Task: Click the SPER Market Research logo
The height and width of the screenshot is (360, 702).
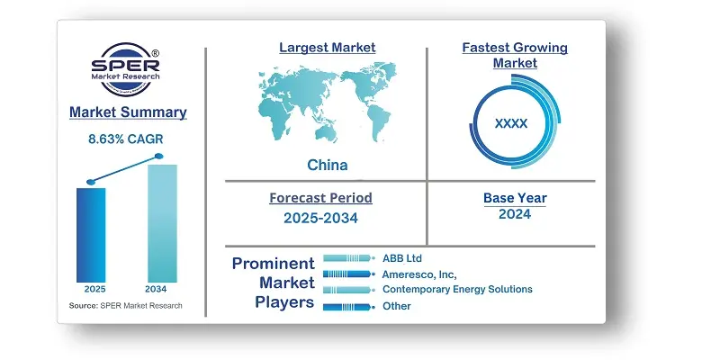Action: pyautogui.click(x=125, y=68)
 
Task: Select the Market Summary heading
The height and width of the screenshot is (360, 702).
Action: pyautogui.click(x=128, y=112)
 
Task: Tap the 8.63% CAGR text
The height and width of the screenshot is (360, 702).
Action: pyautogui.click(x=126, y=139)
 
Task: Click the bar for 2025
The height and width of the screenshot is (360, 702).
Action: pyautogui.click(x=91, y=235)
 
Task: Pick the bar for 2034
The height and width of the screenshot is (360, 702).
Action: pyautogui.click(x=162, y=223)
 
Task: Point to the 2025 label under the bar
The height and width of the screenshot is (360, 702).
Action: pyautogui.click(x=94, y=289)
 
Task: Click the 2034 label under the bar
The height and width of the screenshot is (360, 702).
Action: pyautogui.click(x=156, y=289)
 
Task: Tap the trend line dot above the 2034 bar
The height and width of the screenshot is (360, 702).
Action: pyautogui.click(x=159, y=157)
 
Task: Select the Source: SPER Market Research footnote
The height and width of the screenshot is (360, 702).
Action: pyautogui.click(x=125, y=306)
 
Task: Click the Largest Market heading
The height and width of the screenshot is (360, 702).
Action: pyautogui.click(x=328, y=48)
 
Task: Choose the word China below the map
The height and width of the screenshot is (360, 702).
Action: pyautogui.click(x=328, y=165)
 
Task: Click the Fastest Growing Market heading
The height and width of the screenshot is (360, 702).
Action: pyautogui.click(x=515, y=55)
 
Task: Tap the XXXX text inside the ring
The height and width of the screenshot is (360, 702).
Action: pyautogui.click(x=511, y=123)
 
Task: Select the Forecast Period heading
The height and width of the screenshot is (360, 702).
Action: pyautogui.click(x=320, y=198)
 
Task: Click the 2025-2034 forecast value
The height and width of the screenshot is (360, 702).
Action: pyautogui.click(x=320, y=218)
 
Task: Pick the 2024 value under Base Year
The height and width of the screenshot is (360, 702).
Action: pyautogui.click(x=515, y=214)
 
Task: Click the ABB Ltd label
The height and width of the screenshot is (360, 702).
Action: pyautogui.click(x=402, y=258)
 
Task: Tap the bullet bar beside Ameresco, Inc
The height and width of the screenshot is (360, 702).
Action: pyautogui.click(x=347, y=274)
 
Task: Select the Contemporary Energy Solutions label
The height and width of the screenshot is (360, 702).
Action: pyautogui.click(x=457, y=289)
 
